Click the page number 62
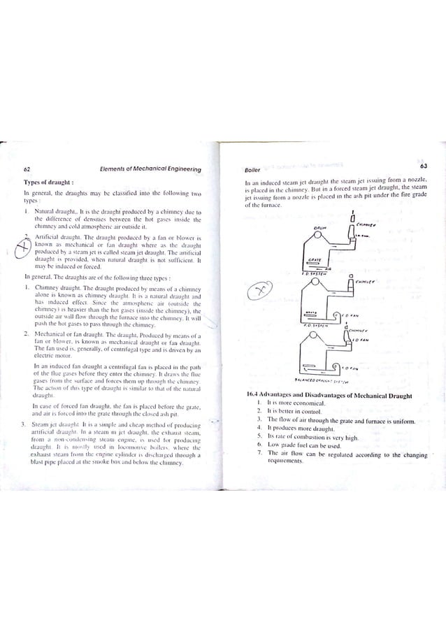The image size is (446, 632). (26, 168)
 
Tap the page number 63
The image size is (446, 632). (424, 165)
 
